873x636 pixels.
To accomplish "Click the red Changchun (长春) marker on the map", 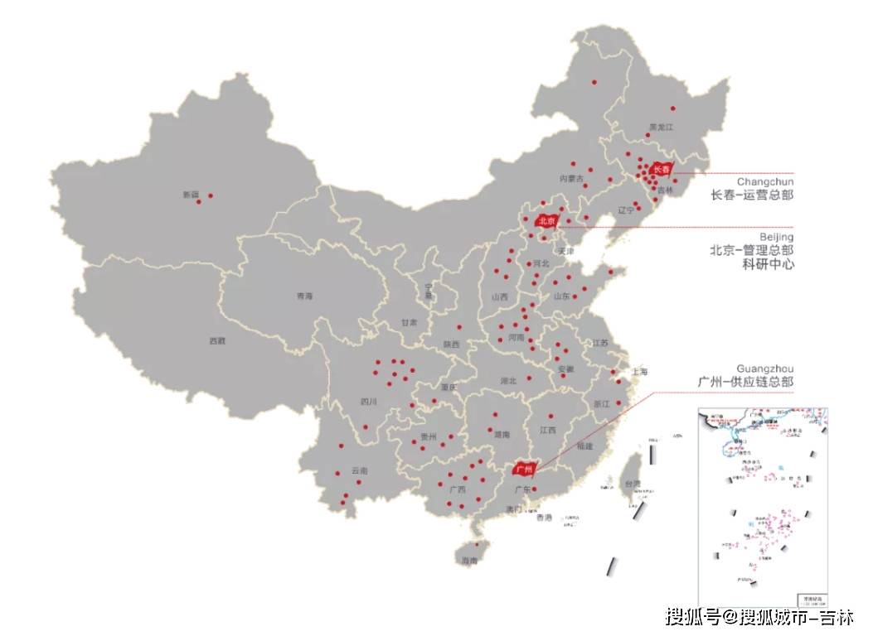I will pyautogui.click(x=660, y=170).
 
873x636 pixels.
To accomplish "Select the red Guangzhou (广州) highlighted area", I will pyautogui.click(x=523, y=470).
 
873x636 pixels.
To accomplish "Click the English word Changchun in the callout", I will pyautogui.click(x=764, y=181).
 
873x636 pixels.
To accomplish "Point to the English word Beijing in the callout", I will pyautogui.click(x=775, y=237).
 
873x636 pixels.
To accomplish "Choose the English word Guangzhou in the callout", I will pyautogui.click(x=764, y=369).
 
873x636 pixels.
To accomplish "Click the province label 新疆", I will pyautogui.click(x=191, y=195).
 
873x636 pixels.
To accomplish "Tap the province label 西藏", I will pyautogui.click(x=216, y=340).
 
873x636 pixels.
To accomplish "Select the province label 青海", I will pyautogui.click(x=305, y=296).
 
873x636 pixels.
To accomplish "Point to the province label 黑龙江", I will pyautogui.click(x=662, y=127).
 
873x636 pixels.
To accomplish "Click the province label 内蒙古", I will pyautogui.click(x=571, y=178).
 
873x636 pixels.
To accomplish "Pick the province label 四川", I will pyautogui.click(x=369, y=402).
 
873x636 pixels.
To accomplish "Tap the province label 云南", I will pyautogui.click(x=359, y=470).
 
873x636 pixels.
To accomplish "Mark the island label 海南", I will pyautogui.click(x=469, y=561).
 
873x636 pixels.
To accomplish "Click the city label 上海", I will pyautogui.click(x=638, y=373).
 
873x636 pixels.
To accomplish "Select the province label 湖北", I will pyautogui.click(x=508, y=381).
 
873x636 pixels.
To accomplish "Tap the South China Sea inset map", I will pyautogui.click(x=763, y=505).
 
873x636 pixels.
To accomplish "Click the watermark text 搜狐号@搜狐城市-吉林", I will pyautogui.click(x=759, y=617).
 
